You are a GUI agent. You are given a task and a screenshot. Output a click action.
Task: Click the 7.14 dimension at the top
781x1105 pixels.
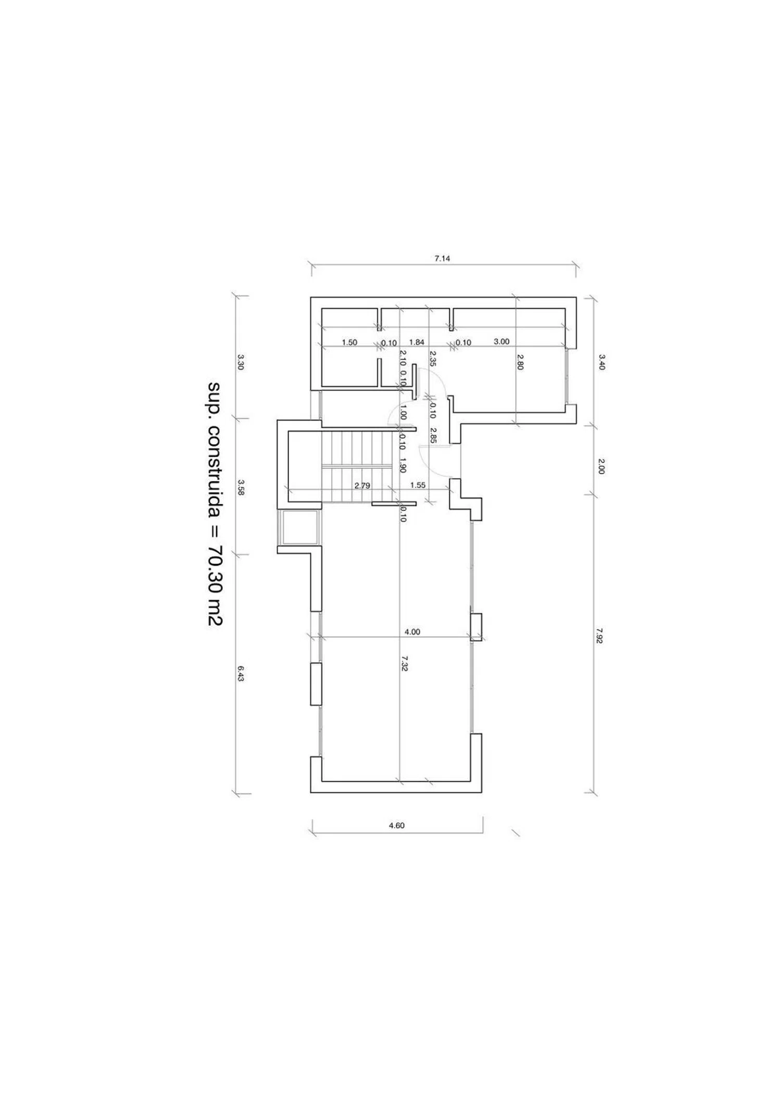[442, 258]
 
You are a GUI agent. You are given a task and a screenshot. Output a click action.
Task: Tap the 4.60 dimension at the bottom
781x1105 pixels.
[397, 825]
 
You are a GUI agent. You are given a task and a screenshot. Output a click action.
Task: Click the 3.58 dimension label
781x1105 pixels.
[241, 487]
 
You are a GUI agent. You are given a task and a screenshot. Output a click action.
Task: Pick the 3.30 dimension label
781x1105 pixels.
[241, 362]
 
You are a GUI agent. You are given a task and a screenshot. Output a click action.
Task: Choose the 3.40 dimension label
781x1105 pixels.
[602, 362]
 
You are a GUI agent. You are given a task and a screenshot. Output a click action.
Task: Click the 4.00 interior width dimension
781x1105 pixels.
[412, 632]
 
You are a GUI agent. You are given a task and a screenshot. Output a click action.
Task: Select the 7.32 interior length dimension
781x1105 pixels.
[405, 663]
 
